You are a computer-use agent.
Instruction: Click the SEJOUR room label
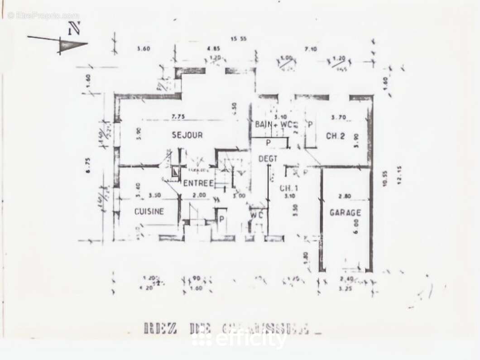(x=187, y=135)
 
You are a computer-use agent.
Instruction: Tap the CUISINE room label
(x=149, y=211)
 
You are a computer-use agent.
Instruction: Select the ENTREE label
(x=198, y=183)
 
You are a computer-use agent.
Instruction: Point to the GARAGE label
(x=345, y=212)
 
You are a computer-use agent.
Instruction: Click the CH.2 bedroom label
(x=336, y=136)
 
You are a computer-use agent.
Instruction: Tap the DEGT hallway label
(x=268, y=158)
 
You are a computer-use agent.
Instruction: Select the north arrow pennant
(x=72, y=45)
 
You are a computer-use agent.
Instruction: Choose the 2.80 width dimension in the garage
(x=347, y=196)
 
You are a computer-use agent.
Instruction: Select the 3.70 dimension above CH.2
(x=339, y=117)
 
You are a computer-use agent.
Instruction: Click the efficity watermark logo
(x=240, y=338)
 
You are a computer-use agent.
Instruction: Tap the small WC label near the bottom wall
(x=257, y=215)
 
